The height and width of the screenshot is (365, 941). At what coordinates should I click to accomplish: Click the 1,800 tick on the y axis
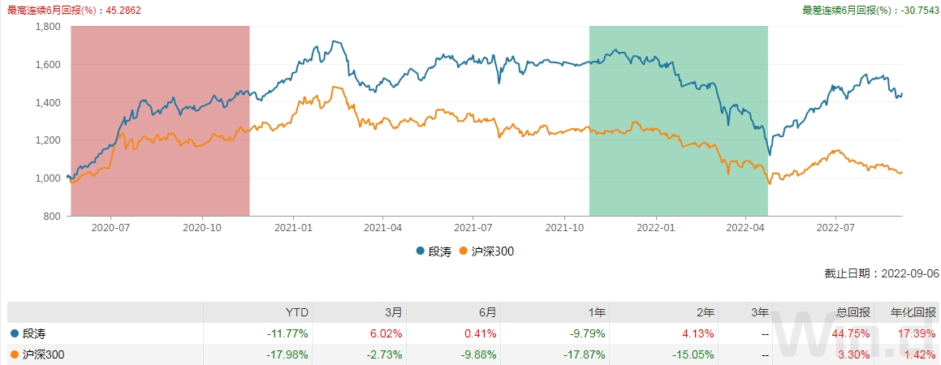(x=47, y=26)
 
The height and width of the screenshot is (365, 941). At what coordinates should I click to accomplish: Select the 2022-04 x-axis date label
(x=745, y=229)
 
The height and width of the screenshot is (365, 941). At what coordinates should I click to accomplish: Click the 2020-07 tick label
(x=111, y=229)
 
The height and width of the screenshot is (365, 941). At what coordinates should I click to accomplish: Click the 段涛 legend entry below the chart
(x=435, y=251)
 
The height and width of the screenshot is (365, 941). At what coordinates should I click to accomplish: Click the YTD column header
(x=298, y=312)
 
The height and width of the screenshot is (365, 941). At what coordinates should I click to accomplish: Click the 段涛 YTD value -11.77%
(x=288, y=333)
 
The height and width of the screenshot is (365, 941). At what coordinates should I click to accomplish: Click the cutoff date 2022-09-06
(x=910, y=274)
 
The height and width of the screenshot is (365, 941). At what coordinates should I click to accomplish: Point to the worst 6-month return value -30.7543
(x=916, y=11)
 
